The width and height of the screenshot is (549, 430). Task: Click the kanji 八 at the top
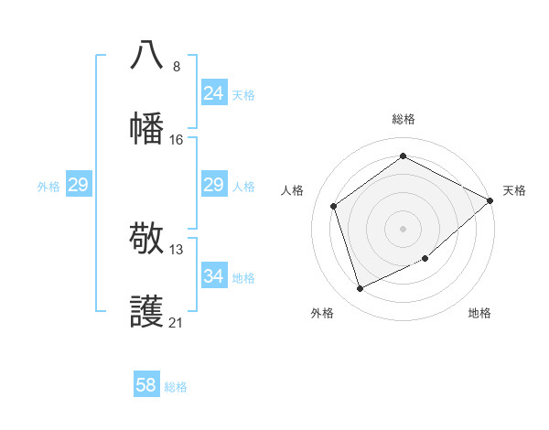pyautogui.click(x=147, y=56)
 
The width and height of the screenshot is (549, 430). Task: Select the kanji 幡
pyautogui.click(x=147, y=127)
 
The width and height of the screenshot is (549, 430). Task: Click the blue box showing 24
pyautogui.click(x=213, y=92)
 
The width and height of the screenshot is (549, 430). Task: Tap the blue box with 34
pyautogui.click(x=213, y=275)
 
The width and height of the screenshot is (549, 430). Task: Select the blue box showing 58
pyautogui.click(x=146, y=385)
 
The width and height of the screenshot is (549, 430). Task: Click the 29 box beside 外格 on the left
pyautogui.click(x=78, y=185)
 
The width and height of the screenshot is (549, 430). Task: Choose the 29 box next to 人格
pyautogui.click(x=213, y=185)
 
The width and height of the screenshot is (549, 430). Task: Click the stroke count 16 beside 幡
pyautogui.click(x=177, y=139)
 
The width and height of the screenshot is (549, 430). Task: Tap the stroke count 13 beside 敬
pyautogui.click(x=177, y=250)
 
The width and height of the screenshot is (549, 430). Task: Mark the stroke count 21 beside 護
pyautogui.click(x=177, y=322)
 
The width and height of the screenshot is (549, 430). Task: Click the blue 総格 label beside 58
pyautogui.click(x=176, y=387)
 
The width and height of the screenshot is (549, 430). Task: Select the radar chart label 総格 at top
pyautogui.click(x=403, y=119)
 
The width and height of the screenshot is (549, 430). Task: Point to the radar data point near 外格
pyautogui.click(x=361, y=288)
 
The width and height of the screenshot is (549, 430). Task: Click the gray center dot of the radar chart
pyautogui.click(x=403, y=228)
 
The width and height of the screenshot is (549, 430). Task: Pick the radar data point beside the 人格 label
pyautogui.click(x=334, y=206)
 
